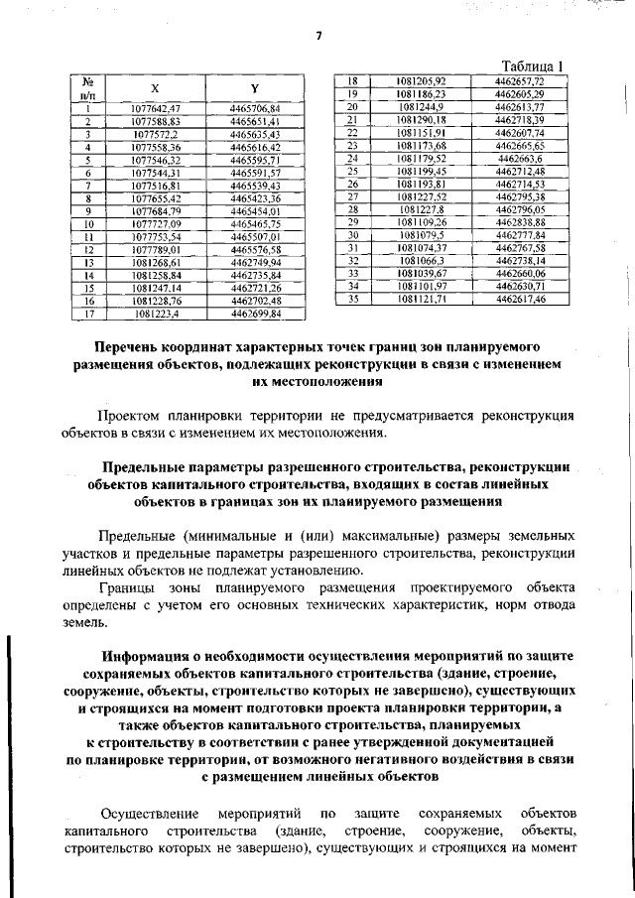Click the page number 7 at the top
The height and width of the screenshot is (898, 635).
pos(319,38)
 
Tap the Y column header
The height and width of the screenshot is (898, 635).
pos(255,87)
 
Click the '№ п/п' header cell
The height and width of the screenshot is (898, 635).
pos(87,87)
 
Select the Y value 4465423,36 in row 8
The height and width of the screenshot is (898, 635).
pos(255,198)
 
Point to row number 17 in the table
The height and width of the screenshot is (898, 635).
pos(87,315)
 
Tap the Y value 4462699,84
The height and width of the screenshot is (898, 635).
pos(255,315)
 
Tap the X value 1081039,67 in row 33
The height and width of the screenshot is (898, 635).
pos(421,273)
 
